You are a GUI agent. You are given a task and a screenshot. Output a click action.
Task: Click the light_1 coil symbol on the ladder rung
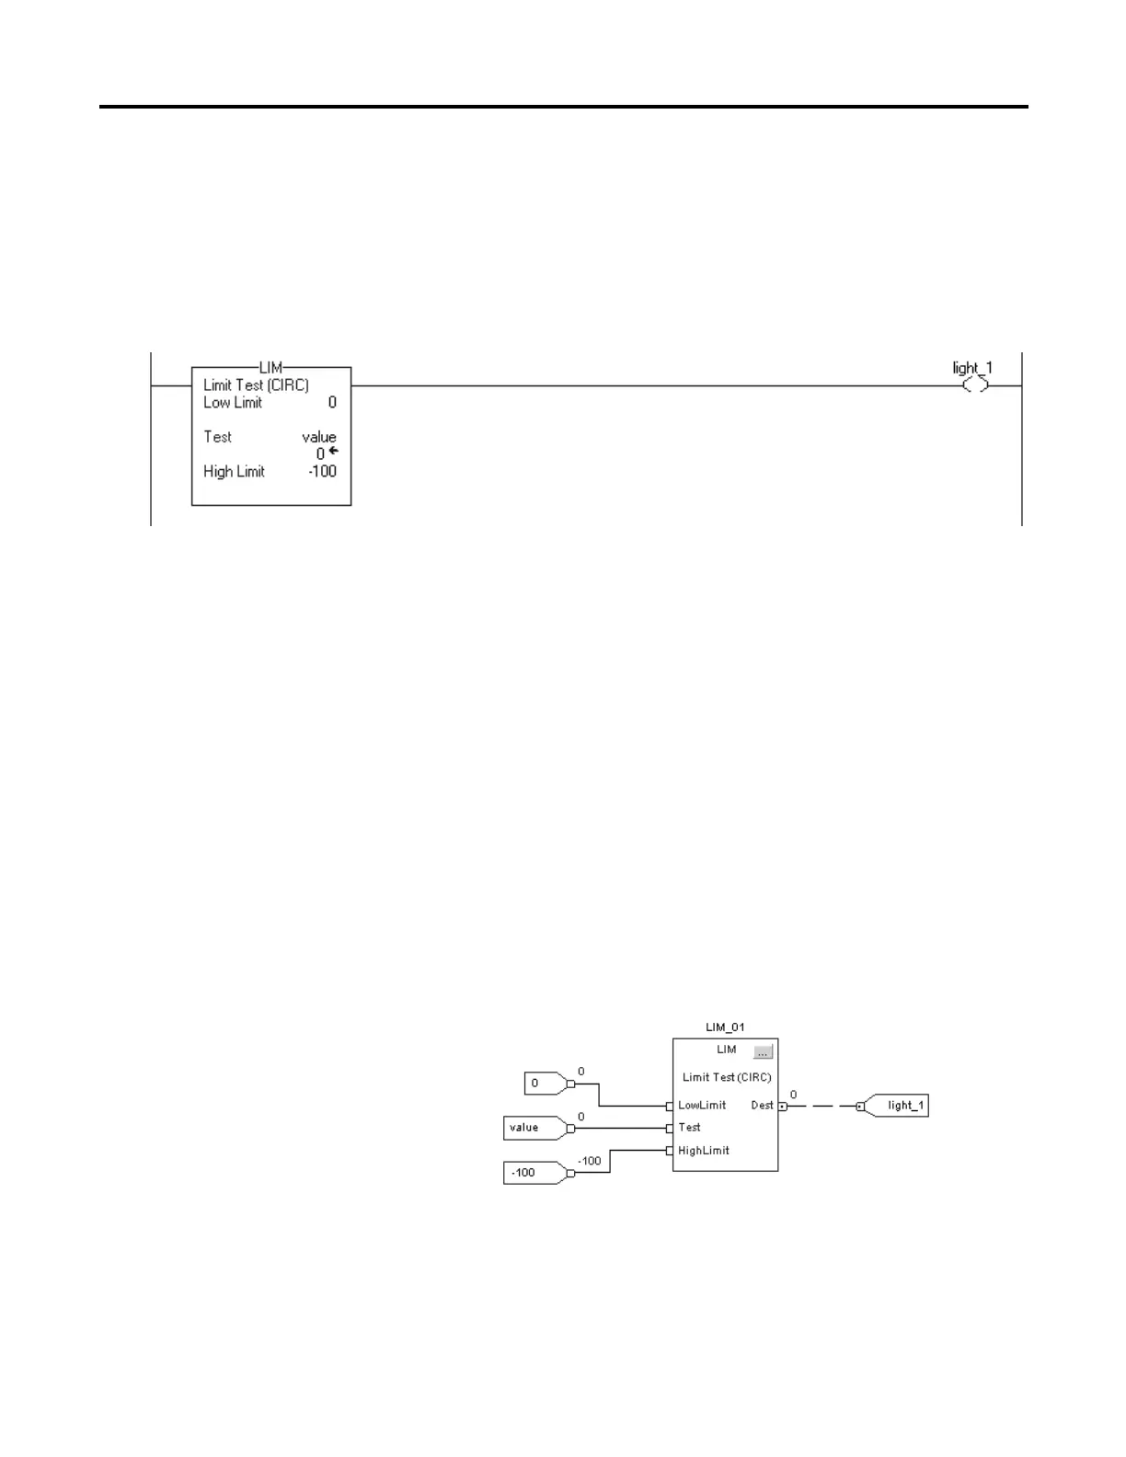pyautogui.click(x=975, y=385)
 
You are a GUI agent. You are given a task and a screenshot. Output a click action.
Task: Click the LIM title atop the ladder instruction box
pyautogui.click(x=270, y=368)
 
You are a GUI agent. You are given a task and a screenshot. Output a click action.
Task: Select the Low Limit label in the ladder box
pyautogui.click(x=233, y=403)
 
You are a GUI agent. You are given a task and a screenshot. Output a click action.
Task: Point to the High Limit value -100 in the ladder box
pyautogui.click(x=322, y=472)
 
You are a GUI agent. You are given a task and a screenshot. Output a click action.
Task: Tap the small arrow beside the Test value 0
pyautogui.click(x=333, y=451)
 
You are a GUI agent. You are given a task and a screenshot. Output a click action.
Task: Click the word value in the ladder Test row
pyautogui.click(x=319, y=437)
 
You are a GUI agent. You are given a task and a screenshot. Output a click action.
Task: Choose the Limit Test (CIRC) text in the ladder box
pyautogui.click(x=256, y=385)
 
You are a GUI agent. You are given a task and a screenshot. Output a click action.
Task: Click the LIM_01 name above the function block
pyautogui.click(x=725, y=1027)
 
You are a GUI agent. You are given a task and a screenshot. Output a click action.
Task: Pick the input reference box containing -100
pyautogui.click(x=533, y=1173)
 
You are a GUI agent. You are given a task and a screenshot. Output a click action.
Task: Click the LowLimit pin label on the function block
pyautogui.click(x=702, y=1106)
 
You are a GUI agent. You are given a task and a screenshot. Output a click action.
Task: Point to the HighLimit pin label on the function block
pyautogui.click(x=704, y=1151)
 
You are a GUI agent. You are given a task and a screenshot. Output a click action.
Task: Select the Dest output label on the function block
pyautogui.click(x=762, y=1106)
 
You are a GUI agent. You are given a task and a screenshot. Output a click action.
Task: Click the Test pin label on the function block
pyautogui.click(x=689, y=1128)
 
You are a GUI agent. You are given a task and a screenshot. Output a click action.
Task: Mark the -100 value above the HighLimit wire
pyautogui.click(x=589, y=1161)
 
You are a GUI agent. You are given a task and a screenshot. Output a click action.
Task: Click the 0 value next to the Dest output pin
pyautogui.click(x=793, y=1095)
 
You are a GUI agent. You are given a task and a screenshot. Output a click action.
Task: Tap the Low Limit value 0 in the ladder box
pyautogui.click(x=332, y=403)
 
